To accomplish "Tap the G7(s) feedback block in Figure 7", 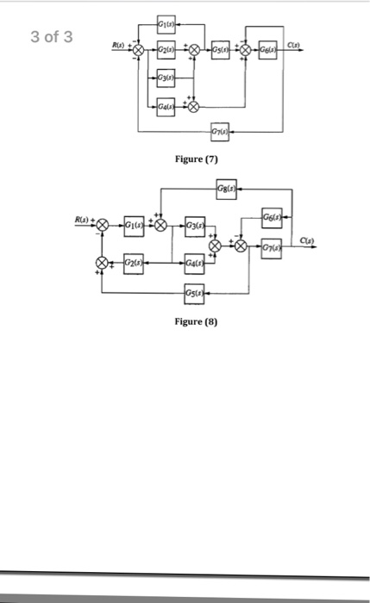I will coord(219,130).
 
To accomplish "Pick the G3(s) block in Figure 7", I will coord(165,80).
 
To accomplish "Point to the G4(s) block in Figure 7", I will coord(165,107).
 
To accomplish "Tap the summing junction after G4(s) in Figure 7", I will coord(193,107).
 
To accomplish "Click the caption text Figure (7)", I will coord(197,159).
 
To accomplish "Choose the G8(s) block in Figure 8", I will coord(228,188).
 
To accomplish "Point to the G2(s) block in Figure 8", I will coord(134,262).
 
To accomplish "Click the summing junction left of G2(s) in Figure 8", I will coord(102,262).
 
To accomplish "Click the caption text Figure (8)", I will coord(197,320).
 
